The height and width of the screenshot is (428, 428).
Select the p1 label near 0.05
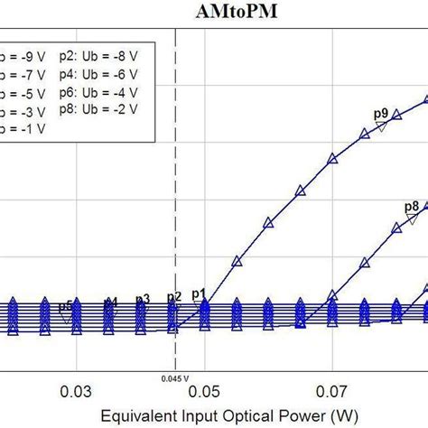point(199,293)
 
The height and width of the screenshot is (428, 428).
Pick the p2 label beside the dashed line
point(173,296)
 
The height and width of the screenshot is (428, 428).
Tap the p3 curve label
point(142,299)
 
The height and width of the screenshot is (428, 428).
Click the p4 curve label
point(110,302)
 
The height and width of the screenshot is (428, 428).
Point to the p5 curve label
point(66,305)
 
